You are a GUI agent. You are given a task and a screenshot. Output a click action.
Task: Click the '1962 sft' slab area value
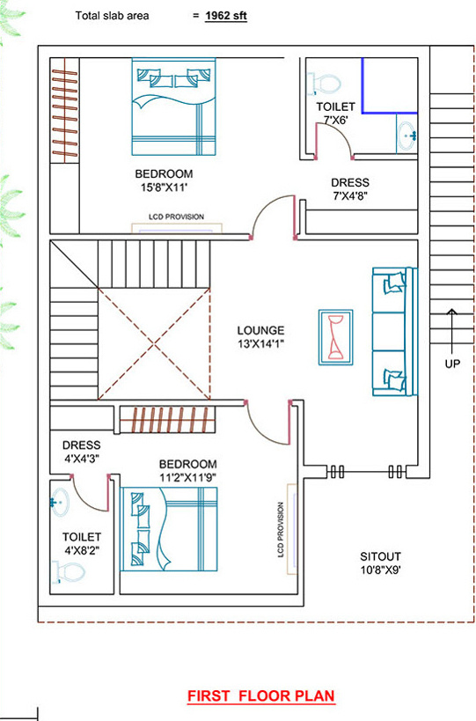[226, 16]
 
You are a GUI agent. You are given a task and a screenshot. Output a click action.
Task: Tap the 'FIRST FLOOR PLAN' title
[261, 695]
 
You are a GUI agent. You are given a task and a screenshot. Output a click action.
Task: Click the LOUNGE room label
[260, 330]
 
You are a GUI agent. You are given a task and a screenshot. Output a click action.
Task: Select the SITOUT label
[380, 556]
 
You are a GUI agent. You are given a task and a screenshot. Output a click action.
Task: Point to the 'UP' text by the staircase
[452, 364]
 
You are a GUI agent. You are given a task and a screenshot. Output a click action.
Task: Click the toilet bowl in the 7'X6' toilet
[324, 84]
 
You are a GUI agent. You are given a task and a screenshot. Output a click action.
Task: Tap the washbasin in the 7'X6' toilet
[407, 136]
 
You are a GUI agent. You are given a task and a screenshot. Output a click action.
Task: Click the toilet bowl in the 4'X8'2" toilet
[69, 572]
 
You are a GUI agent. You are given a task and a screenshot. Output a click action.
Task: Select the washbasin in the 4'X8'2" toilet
[60, 502]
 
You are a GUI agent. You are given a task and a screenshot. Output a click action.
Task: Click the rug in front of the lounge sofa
[336, 337]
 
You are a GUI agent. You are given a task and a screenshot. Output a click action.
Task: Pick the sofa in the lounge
[395, 332]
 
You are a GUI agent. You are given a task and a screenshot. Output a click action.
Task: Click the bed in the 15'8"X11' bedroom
[173, 107]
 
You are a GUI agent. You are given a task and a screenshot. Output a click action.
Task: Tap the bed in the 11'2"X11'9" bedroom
[169, 529]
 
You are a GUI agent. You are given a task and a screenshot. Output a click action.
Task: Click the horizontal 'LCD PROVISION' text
[177, 217]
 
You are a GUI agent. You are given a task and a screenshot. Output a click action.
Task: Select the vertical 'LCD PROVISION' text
[281, 530]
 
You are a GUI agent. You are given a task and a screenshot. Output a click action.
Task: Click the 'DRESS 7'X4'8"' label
[350, 189]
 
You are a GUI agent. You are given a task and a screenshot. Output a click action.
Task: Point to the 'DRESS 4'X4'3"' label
[81, 452]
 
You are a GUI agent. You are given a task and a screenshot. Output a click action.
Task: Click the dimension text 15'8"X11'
[164, 188]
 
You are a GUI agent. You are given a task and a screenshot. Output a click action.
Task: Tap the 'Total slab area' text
[112, 16]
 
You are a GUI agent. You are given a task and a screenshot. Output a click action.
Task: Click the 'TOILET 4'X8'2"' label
[82, 543]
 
